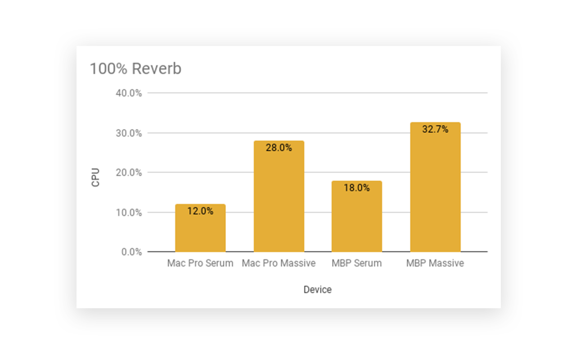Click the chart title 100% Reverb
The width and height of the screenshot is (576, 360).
[135, 69]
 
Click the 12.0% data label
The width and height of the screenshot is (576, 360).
[200, 211]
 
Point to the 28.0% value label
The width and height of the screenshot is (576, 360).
[279, 147]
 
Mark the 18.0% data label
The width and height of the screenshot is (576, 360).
[357, 188]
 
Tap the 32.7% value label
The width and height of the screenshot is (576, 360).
[435, 129]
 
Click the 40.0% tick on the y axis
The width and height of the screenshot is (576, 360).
[129, 93]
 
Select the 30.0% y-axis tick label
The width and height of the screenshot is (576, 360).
[129, 133]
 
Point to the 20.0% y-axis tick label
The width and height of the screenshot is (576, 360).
[129, 172]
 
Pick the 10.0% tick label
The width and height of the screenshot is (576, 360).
[129, 212]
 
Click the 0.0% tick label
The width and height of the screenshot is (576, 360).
[131, 252]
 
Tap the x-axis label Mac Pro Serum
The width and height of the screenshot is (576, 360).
[200, 263]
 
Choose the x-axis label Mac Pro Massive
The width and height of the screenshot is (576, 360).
[279, 263]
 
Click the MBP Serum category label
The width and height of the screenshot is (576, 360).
[357, 263]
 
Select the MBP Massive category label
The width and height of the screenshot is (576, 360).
[435, 263]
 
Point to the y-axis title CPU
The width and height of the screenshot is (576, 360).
[95, 177]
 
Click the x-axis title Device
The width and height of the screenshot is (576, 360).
[318, 289]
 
